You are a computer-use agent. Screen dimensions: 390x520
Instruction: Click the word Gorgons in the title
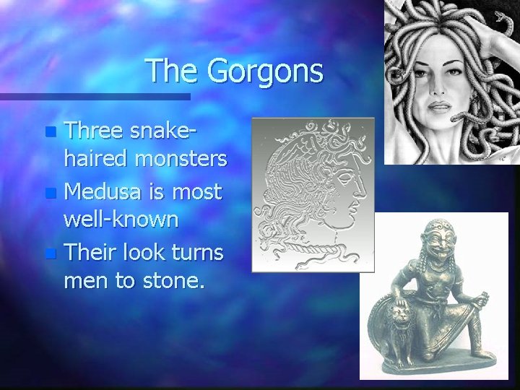[264, 71]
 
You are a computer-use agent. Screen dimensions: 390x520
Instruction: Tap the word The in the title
[171, 71]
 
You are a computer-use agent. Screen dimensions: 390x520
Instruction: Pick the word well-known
[121, 220]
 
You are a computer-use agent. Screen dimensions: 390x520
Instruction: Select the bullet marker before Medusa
[50, 193]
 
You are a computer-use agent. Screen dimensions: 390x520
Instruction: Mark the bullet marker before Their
[50, 253]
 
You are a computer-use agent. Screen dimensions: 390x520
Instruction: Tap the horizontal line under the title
[95, 96]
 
